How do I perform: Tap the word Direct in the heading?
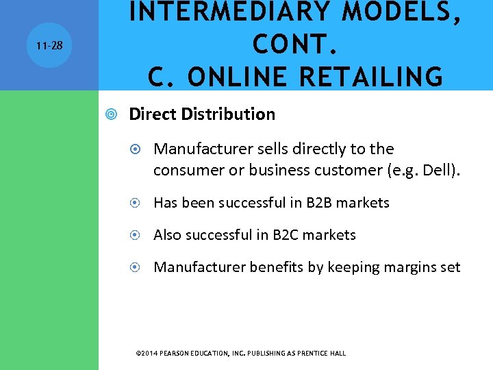153,114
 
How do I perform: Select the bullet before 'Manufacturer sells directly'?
137,149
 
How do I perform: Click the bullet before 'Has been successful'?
137,203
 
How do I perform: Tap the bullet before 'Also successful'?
137,236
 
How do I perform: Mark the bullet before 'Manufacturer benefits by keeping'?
137,268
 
